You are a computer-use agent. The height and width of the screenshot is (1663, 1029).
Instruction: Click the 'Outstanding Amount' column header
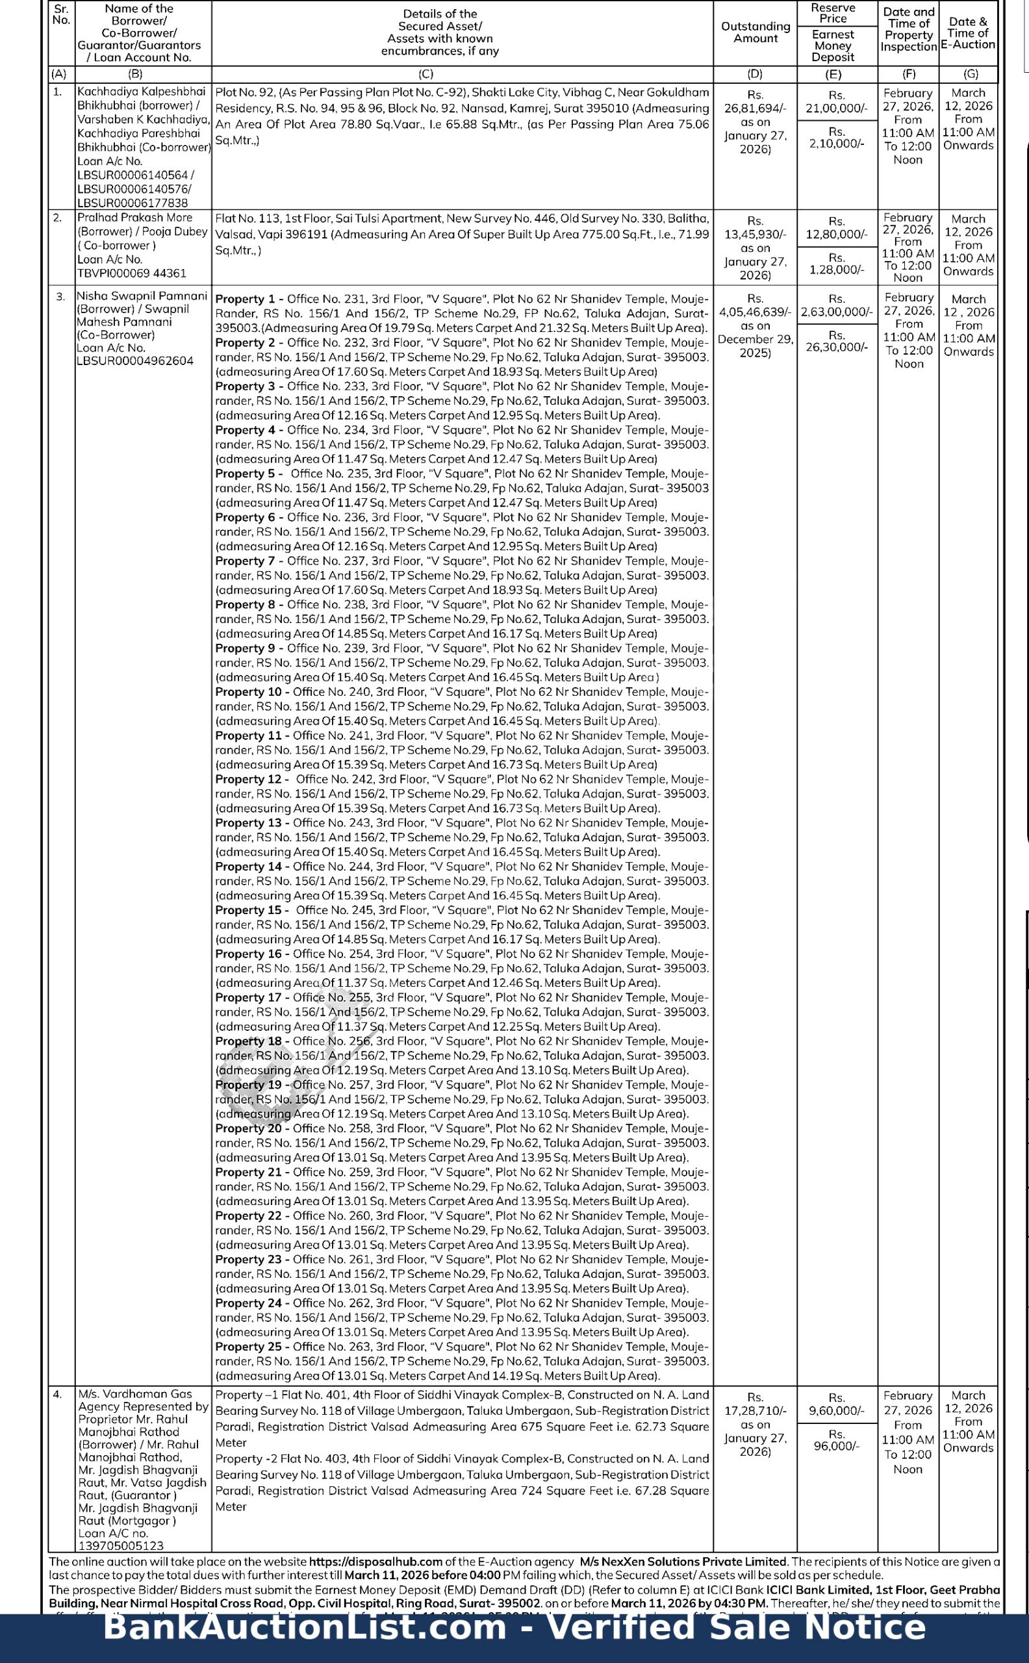(x=755, y=32)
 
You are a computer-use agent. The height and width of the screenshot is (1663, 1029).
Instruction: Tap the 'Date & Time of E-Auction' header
(x=968, y=32)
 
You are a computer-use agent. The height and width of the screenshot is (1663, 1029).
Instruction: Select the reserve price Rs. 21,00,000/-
(x=837, y=108)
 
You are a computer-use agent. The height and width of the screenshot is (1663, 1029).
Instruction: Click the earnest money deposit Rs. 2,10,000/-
(x=837, y=143)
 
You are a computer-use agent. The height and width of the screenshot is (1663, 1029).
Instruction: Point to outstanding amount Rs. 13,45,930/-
(x=755, y=234)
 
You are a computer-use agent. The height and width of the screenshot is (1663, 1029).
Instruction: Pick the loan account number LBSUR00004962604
(x=134, y=361)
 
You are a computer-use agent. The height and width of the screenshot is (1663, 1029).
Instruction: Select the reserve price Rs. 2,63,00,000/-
(x=837, y=312)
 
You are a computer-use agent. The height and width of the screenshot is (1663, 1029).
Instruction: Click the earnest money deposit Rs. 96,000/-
(x=837, y=1445)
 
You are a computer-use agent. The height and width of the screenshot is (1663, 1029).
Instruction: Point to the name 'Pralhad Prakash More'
(x=134, y=218)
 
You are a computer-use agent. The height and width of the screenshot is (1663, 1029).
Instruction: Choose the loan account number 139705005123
(x=121, y=1545)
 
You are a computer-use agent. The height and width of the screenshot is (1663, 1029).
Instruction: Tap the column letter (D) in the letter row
(x=755, y=74)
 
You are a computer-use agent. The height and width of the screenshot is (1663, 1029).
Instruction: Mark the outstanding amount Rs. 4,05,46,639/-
(x=755, y=312)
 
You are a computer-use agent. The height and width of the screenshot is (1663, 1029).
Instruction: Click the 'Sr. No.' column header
(x=61, y=14)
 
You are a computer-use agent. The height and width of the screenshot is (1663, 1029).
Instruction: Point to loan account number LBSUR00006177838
(x=133, y=203)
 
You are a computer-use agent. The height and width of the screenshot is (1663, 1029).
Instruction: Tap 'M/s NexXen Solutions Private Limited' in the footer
(x=683, y=1562)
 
